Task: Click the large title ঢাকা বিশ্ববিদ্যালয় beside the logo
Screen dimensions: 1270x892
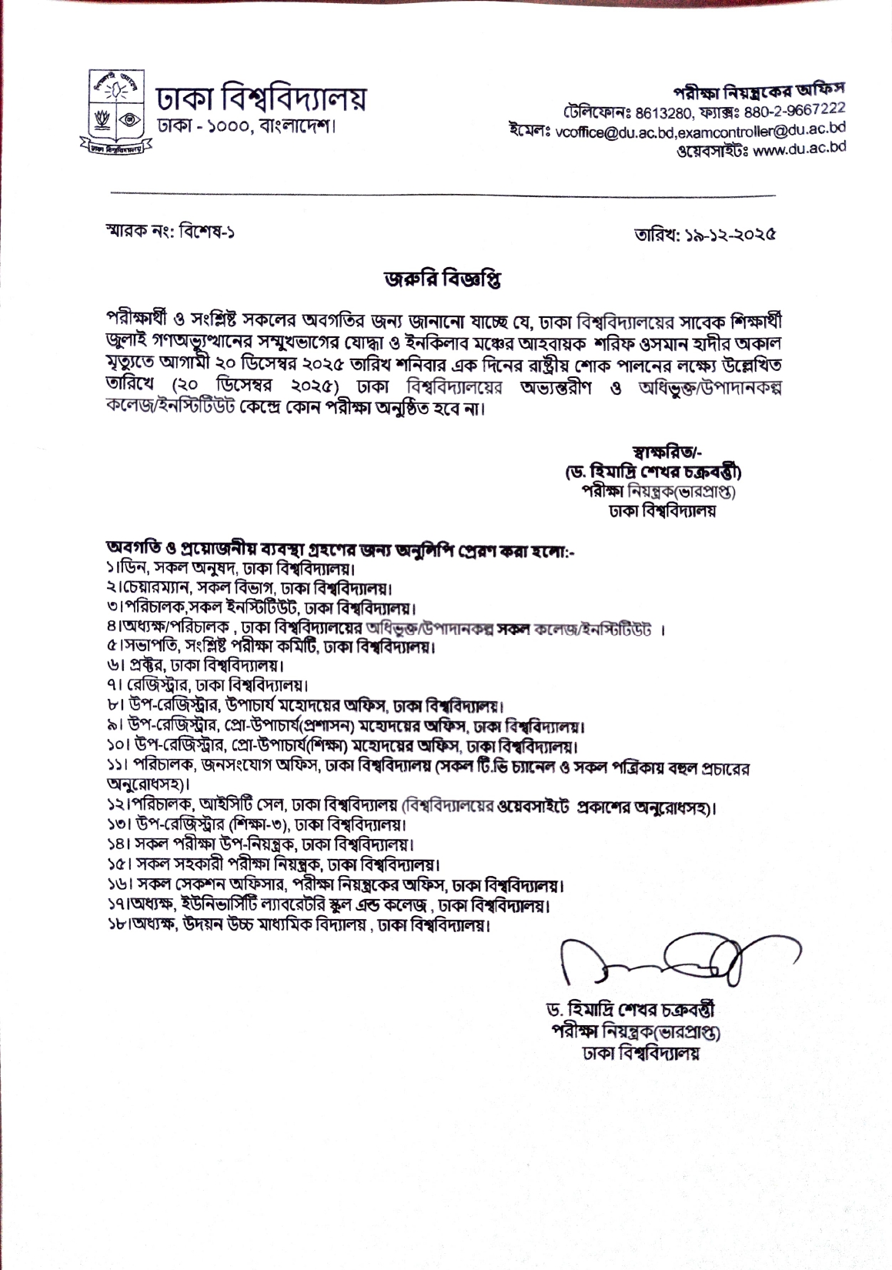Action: pos(261,99)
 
